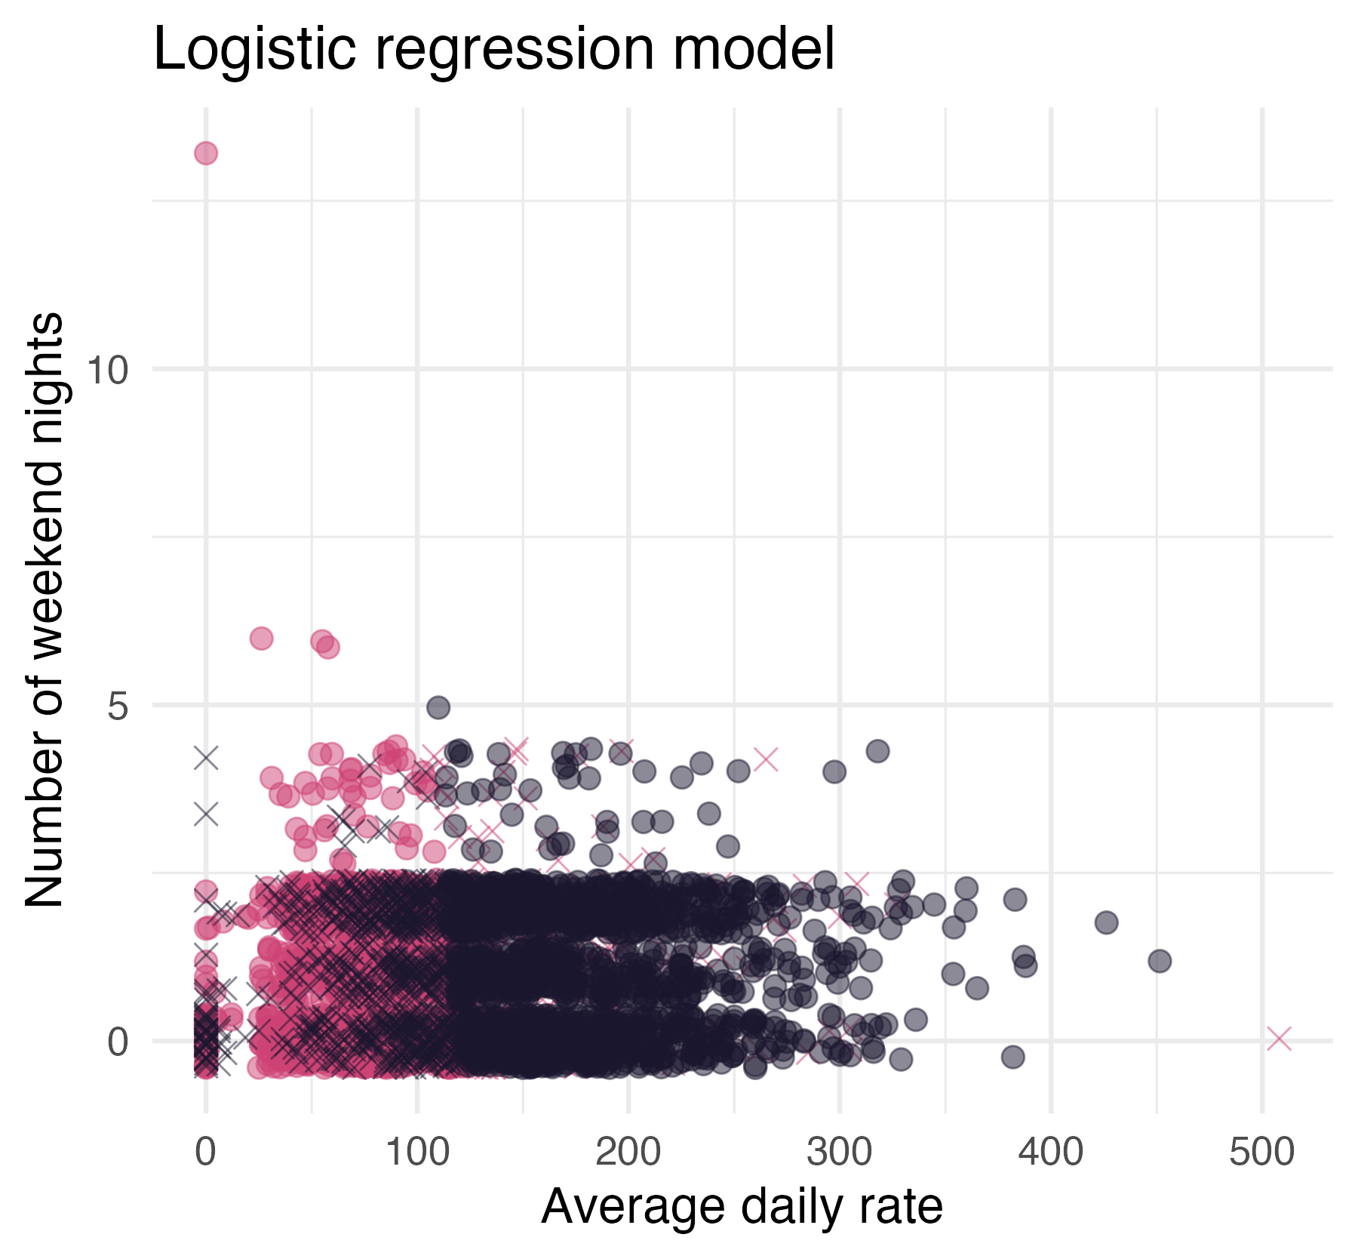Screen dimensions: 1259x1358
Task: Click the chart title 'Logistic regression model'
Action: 494,50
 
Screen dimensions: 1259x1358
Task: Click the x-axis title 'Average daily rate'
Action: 742,1206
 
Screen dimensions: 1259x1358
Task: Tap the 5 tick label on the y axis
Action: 118,706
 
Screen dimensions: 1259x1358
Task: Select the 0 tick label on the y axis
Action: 118,1042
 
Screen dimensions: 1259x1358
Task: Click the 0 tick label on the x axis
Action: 205,1153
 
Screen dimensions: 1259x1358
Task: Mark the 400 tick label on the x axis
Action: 1050,1153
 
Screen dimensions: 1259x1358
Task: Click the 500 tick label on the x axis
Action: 1261,1153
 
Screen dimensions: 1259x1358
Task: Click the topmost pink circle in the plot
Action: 206,154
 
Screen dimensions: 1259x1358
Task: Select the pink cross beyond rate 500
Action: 1280,1039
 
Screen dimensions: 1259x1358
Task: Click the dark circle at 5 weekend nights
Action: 438,707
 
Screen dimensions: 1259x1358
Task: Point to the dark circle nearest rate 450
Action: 1160,961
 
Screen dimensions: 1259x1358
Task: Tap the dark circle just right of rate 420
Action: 1106,922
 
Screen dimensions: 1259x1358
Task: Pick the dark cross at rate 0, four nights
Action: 206,757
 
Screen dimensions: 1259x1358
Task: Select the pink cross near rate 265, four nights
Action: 766,759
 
